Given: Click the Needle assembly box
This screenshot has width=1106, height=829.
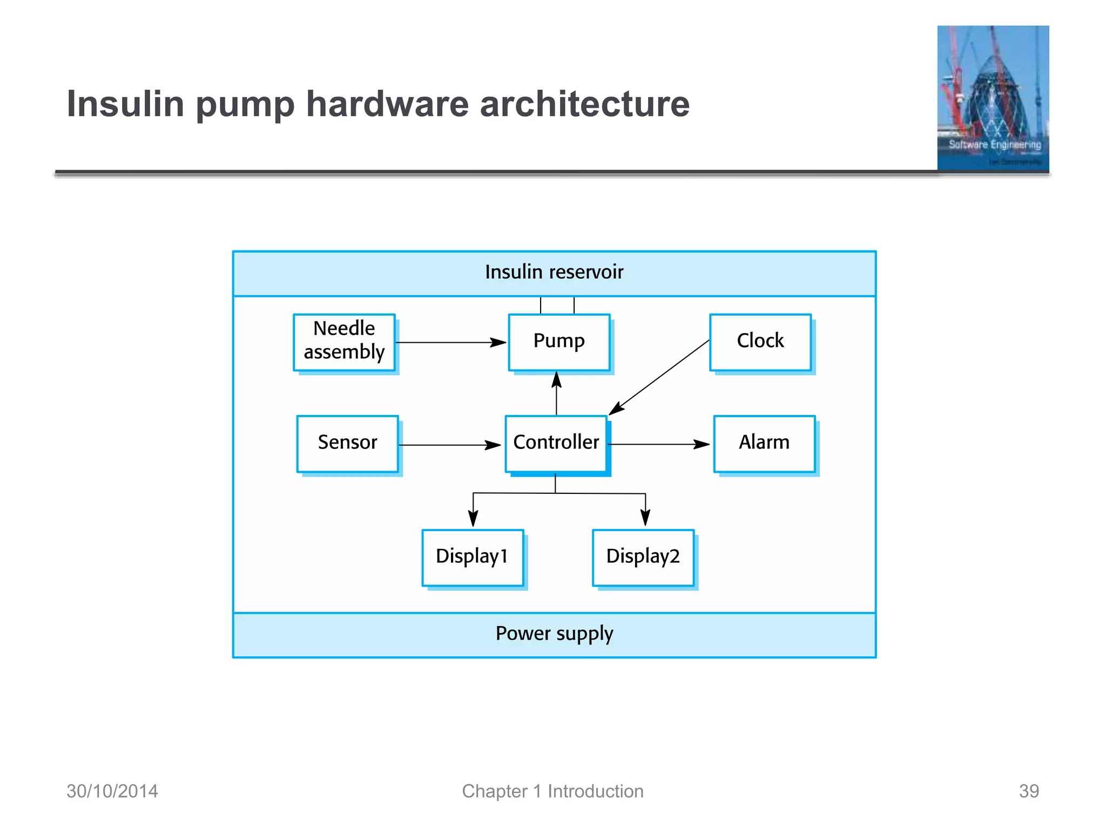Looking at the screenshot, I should coord(344,342).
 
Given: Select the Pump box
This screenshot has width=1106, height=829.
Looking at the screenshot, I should coord(559,342).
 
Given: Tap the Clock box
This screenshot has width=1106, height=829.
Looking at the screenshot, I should coord(760,342).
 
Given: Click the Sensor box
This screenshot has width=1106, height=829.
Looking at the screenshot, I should coord(347,443).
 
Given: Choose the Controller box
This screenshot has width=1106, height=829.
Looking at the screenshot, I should coord(556,443).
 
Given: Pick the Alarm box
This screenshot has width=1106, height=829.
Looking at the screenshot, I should coord(764,443).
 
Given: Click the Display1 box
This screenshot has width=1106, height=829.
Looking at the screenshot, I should coord(473,557).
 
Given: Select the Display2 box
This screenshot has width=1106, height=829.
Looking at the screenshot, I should coord(643,557).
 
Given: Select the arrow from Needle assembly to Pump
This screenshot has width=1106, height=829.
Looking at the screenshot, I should coord(450,343).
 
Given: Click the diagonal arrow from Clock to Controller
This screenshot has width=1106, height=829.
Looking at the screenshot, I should coord(659,377).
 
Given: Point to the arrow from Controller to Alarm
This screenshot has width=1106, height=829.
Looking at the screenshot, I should coord(659,445).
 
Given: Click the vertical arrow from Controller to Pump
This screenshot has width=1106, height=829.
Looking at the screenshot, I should coord(556,393).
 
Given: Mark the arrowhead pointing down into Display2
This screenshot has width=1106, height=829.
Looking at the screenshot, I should coord(645,518).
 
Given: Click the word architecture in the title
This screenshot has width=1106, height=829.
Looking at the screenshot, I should coord(584,104).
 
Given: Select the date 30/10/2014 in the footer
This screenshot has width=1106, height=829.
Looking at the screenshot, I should coord(112,791).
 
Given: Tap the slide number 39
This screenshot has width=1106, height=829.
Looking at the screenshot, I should coord(1028,791).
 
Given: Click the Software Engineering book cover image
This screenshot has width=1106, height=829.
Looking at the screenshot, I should coord(993,98).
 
